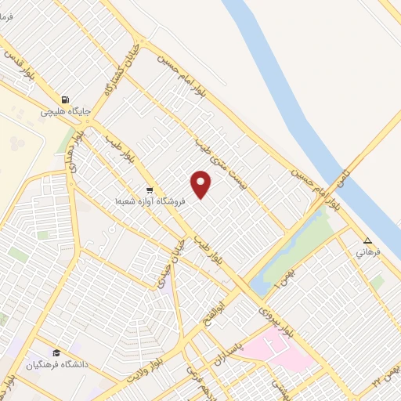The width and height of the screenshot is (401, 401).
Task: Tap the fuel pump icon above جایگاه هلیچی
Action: point(65,100)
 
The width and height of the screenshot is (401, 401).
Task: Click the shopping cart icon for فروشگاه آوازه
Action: point(148,190)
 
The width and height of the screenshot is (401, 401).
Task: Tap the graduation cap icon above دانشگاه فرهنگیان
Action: point(56,353)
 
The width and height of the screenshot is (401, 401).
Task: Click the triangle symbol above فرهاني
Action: point(367,241)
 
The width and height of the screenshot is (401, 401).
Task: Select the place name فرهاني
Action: point(367,253)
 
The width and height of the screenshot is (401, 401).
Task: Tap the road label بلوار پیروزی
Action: point(277,318)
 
